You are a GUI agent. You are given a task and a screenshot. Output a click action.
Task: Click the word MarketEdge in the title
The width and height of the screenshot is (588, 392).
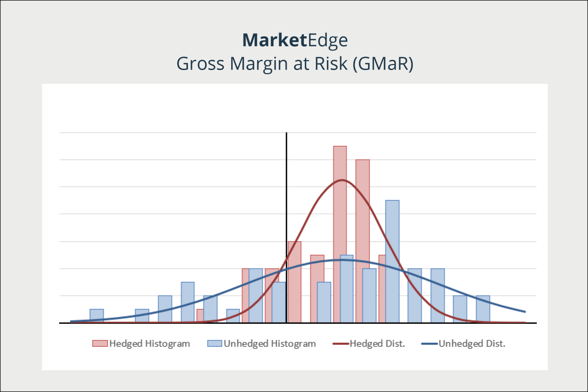coord(295,40)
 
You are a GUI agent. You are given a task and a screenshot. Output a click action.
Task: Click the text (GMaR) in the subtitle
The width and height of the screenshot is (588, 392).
coord(383,64)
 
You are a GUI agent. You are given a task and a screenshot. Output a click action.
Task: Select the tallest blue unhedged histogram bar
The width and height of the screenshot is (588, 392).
coord(392,261)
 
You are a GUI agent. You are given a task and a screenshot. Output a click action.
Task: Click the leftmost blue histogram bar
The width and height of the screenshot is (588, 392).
coord(96,315)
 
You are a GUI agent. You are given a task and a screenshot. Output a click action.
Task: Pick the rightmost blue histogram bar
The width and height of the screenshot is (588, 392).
coord(483,309)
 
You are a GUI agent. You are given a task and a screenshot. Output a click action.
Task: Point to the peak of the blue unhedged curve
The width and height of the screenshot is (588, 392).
coord(343,260)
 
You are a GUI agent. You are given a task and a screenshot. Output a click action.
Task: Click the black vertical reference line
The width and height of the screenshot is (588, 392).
coord(286,227)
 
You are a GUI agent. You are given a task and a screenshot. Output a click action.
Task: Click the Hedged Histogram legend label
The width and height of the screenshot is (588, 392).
coord(150,344)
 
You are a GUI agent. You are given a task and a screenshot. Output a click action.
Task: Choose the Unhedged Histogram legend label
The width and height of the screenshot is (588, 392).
coord(270,344)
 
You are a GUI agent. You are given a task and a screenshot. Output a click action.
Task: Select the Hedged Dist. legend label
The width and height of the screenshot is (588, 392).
coord(377,343)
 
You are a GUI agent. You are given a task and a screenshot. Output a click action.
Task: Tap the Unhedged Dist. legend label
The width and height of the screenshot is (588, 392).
coord(472,343)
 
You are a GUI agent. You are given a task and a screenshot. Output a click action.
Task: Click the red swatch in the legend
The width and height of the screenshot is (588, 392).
coord(100,343)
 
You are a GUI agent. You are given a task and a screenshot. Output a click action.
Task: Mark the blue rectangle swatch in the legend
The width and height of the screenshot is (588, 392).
coord(215,343)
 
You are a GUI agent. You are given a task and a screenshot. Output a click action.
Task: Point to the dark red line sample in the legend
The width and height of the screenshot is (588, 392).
coord(341,344)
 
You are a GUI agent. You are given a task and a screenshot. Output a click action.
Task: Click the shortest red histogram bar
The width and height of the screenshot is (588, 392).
coord(200,315)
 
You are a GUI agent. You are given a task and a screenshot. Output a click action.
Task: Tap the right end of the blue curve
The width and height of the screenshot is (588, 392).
coord(525,312)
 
